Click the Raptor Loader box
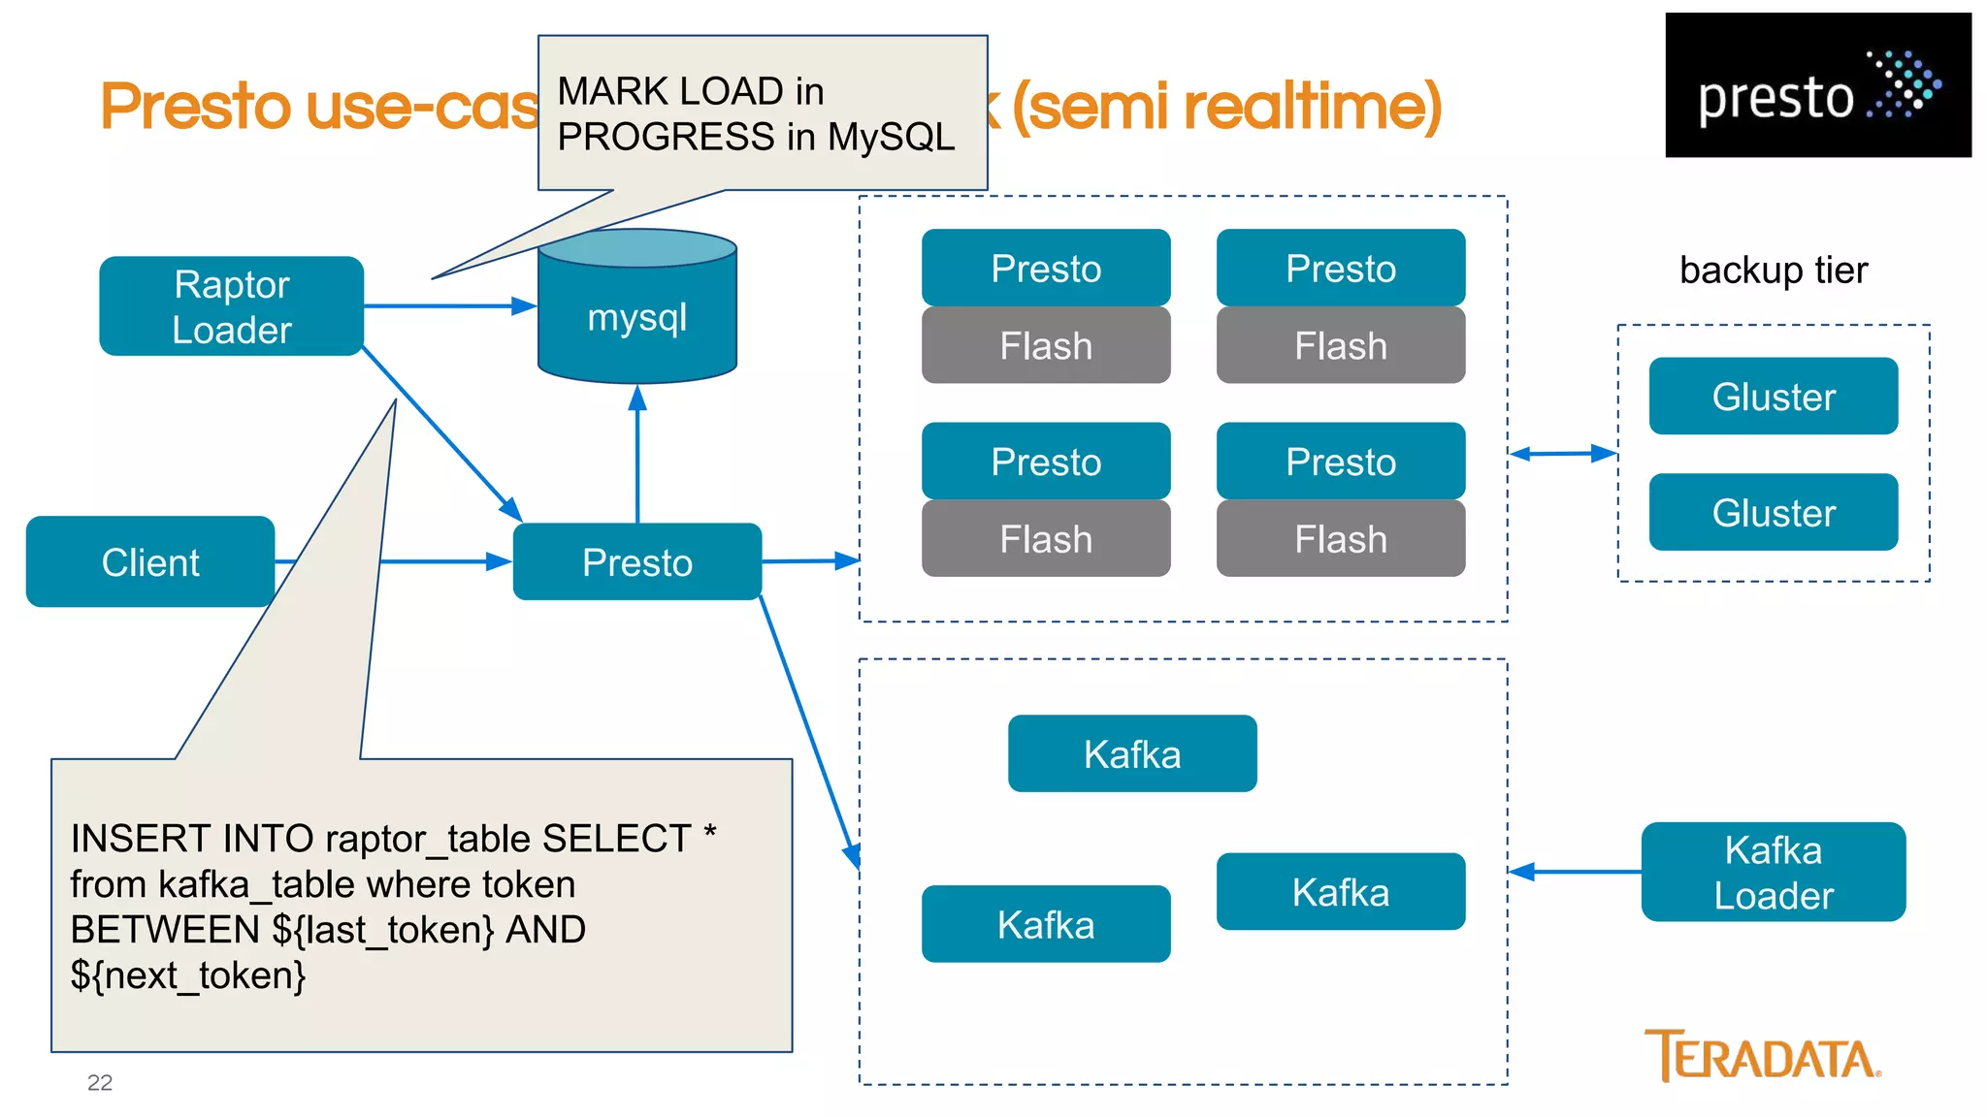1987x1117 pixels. point(231,306)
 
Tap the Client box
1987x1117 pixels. point(150,562)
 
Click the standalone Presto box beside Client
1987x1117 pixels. point(637,562)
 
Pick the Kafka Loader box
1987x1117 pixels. point(1773,873)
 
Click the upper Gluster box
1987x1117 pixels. point(1773,397)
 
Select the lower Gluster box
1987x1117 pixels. point(1773,513)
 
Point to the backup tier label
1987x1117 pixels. point(1773,270)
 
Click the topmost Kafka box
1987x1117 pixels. point(1132,754)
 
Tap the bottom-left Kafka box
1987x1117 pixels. point(1046,924)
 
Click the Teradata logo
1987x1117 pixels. point(1762,1057)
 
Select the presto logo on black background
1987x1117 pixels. point(1817,85)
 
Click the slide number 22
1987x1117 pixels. point(100,1083)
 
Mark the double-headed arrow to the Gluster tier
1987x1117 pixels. point(1563,454)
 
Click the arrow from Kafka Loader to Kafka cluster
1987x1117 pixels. point(1574,873)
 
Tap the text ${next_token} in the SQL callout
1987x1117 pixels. point(188,974)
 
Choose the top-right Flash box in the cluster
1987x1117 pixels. point(1341,346)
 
